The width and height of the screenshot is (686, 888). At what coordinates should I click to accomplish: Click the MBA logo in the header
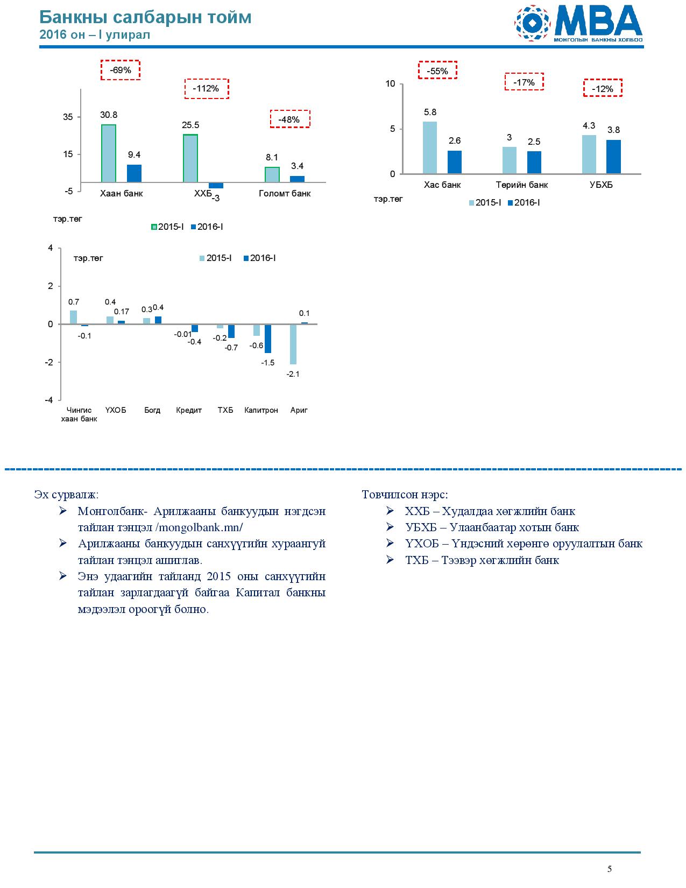pyautogui.click(x=578, y=23)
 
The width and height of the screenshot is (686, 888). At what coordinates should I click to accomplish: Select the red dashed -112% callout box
pyautogui.click(x=206, y=89)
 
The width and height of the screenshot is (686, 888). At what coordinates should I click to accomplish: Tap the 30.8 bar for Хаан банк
pyautogui.click(x=109, y=153)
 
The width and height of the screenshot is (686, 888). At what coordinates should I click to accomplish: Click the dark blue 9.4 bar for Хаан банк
pyautogui.click(x=134, y=173)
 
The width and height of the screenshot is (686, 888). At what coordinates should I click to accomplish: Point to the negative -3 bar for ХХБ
pyautogui.click(x=216, y=185)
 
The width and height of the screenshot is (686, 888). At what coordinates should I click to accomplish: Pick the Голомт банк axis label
pyautogui.click(x=285, y=193)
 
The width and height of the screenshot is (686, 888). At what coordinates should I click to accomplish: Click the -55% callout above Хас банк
pyautogui.click(x=437, y=70)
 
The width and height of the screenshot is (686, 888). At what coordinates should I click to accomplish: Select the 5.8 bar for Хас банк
pyautogui.click(x=430, y=147)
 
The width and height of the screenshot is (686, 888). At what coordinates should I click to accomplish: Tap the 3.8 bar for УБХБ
pyautogui.click(x=613, y=157)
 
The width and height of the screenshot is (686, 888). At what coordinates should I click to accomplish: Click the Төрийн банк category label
pyautogui.click(x=522, y=185)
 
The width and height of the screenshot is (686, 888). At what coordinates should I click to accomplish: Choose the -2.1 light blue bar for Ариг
pyautogui.click(x=293, y=344)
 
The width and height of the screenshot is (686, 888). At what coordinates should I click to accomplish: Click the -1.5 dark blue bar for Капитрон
pyautogui.click(x=267, y=339)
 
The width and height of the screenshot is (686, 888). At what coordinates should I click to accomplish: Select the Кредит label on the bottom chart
pyautogui.click(x=189, y=410)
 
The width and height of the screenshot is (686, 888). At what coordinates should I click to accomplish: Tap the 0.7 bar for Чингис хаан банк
pyautogui.click(x=73, y=317)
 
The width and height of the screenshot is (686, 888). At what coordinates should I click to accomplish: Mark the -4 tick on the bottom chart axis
pyautogui.click(x=49, y=400)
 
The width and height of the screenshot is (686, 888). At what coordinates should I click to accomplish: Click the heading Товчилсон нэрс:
pyautogui.click(x=405, y=495)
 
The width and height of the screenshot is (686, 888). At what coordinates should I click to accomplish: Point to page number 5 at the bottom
pyautogui.click(x=609, y=869)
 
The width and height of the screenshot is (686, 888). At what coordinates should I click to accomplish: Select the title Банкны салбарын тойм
pyautogui.click(x=145, y=17)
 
